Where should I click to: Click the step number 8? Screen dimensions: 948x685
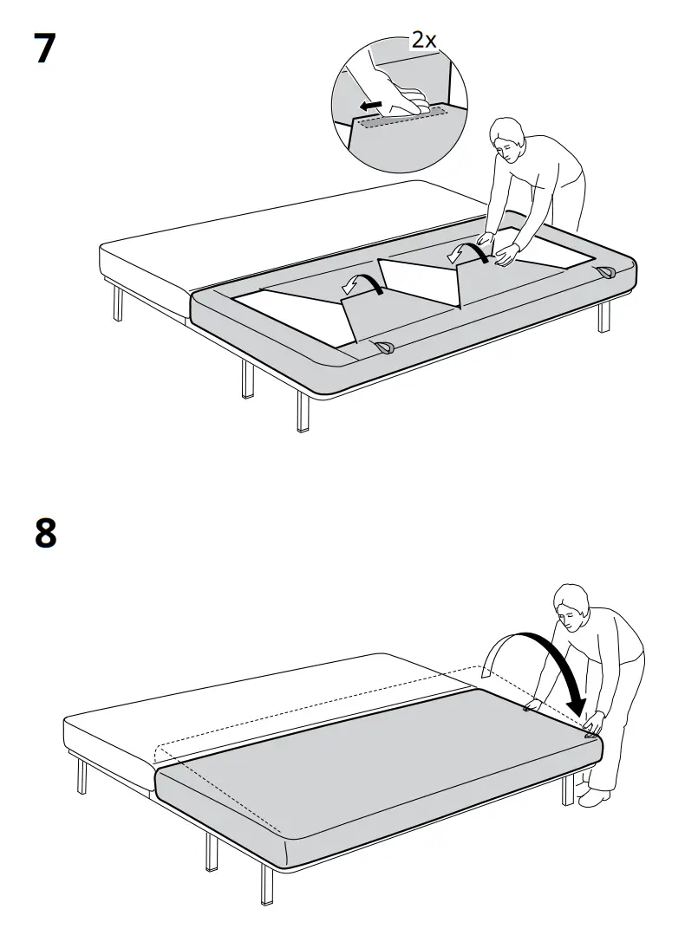[45, 533]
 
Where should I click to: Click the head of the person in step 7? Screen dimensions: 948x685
[506, 139]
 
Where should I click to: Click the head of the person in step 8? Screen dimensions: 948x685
[571, 606]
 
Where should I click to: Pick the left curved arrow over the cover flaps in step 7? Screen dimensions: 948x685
[362, 283]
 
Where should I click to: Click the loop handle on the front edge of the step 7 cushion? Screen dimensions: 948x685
[382, 347]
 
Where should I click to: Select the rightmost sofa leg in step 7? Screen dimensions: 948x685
[603, 316]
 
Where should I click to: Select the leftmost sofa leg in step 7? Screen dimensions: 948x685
[117, 303]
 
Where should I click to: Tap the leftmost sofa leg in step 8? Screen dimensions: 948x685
[82, 776]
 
